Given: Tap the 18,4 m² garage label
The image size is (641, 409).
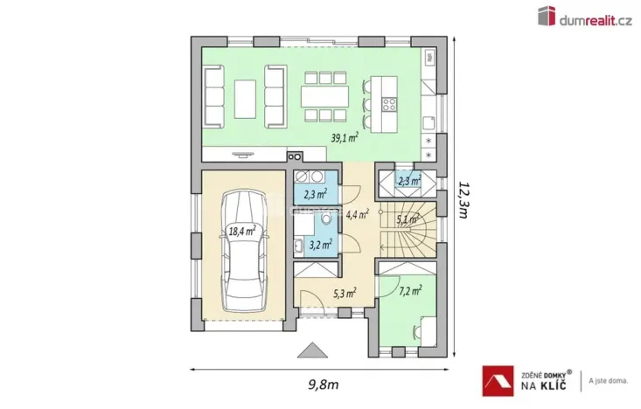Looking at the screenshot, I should pos(241,231).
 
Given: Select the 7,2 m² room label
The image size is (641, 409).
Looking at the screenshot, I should pos(409,289).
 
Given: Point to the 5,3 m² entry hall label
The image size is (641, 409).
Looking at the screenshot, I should pos(343,294).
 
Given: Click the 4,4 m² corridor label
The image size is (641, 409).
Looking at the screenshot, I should pos(357,212).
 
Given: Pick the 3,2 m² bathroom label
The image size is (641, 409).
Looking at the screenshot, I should pos(320,245).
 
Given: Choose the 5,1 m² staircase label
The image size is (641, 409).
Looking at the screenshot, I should pos(408,219).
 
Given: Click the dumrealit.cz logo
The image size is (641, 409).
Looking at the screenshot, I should pos(583,17).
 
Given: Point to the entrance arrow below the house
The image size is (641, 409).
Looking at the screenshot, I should pos(310,350).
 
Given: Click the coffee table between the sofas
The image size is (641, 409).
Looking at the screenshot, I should pos(245,93).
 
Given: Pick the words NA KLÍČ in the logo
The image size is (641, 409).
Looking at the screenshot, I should pos(546,385).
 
